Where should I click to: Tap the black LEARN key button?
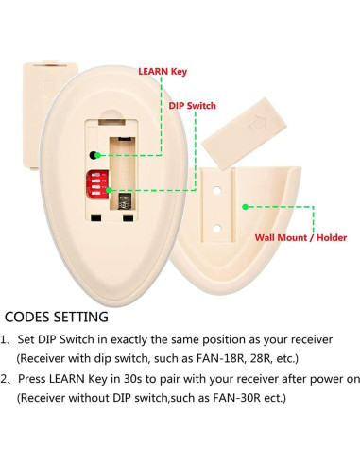pos(94,153)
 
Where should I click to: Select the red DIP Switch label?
pos(192,106)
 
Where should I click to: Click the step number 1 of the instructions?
pos(6,339)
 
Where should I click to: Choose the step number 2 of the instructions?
pos(6,379)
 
